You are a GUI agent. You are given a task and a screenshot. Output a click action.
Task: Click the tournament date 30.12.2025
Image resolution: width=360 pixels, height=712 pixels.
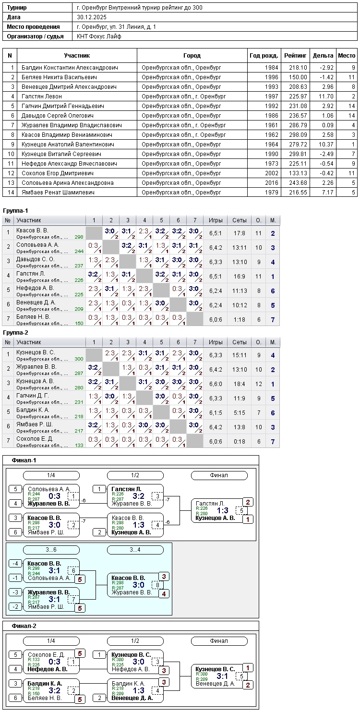92,17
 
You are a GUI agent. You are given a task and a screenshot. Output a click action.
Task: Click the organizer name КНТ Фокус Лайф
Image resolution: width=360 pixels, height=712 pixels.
99,36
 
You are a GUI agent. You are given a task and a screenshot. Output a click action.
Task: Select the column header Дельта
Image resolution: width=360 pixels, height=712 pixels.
323,56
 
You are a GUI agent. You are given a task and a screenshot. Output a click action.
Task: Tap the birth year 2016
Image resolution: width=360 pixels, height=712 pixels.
271,183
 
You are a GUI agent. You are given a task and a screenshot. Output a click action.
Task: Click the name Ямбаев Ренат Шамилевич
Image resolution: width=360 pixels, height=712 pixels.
58,193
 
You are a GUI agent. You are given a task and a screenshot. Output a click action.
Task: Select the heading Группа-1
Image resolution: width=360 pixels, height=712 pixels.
15,211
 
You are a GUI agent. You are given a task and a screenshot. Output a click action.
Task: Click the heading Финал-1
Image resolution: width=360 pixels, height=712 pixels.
24,460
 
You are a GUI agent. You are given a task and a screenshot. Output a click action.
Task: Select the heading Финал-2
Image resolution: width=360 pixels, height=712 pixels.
24,626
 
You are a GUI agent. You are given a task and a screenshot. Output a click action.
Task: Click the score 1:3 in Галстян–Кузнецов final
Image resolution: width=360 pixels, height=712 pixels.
222,511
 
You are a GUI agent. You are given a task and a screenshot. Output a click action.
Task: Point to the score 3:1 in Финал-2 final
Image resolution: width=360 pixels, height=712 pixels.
222,676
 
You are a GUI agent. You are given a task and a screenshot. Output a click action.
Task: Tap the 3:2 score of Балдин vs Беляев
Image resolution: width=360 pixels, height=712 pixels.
54,690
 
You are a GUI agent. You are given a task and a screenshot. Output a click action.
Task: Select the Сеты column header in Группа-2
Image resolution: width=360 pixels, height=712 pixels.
239,342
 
